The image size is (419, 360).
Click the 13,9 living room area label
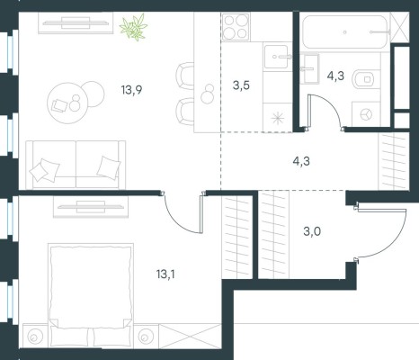pos(131,89)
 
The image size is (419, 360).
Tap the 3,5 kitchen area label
pos(241,85)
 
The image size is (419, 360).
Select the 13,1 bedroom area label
pos(165,274)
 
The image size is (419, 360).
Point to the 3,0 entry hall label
pos(312,231)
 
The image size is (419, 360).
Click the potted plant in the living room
pos(134,27)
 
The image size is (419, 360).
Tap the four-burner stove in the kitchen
pos(236,27)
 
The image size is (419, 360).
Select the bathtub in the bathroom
pos(344,31)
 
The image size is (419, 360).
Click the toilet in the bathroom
pos(362,80)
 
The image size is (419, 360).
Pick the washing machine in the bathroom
pos(366,114)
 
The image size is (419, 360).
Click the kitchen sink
pos(276,57)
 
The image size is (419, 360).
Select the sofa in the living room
pos(76,165)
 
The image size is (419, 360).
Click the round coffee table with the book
pos(67,103)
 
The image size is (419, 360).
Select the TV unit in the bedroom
pos(91,207)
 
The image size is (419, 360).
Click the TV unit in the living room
pos(76,22)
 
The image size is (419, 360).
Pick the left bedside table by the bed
pos(35,337)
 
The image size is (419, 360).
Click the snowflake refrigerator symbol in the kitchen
pos(277,118)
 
